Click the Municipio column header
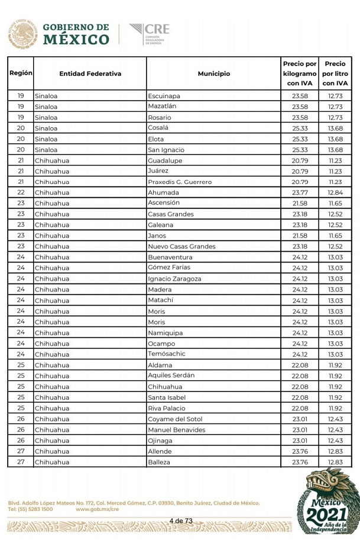(x=213, y=74)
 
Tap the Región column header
(x=21, y=74)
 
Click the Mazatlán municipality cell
(x=163, y=106)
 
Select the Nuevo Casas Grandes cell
(x=181, y=246)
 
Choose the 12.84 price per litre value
(x=335, y=192)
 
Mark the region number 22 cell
(x=21, y=192)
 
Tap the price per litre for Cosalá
(x=335, y=128)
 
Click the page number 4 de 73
(x=181, y=520)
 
